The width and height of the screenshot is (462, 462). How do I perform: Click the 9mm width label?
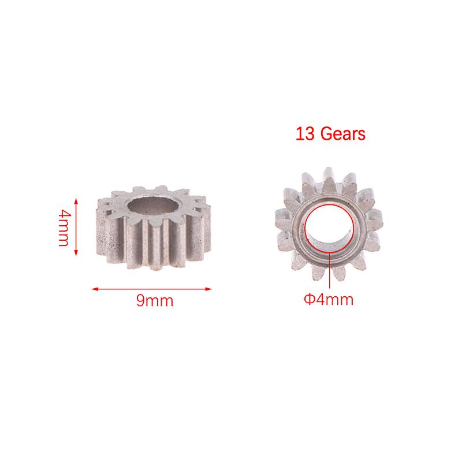155,300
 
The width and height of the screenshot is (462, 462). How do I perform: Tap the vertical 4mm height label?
64,227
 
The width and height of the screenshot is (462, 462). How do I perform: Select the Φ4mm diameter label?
329,299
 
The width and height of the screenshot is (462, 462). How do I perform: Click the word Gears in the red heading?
343,133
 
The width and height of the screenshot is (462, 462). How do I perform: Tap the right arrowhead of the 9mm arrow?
208,289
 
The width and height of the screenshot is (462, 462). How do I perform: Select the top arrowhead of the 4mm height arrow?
76,202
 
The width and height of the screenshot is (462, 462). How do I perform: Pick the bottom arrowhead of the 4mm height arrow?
76,252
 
